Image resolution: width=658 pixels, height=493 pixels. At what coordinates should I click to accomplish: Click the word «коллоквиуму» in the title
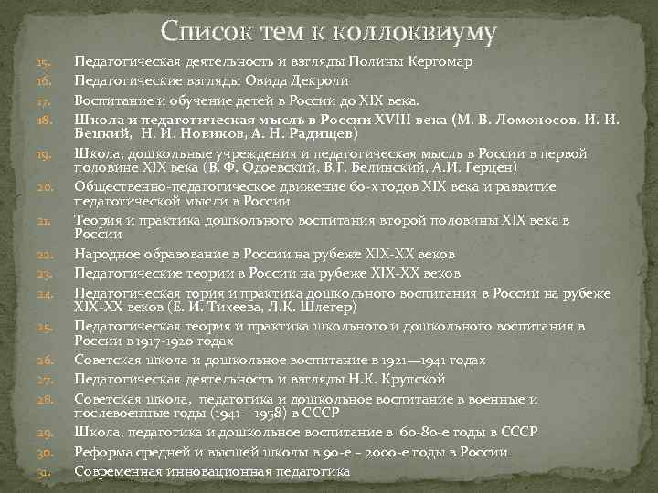point(422,32)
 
